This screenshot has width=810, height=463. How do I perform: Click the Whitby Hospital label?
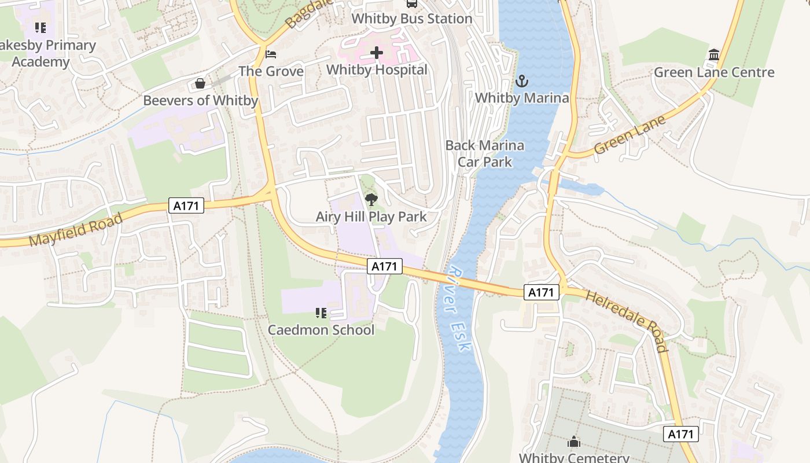click(377, 70)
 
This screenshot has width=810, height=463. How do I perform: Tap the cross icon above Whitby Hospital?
click(377, 53)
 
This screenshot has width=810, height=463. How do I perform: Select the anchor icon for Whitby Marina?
click(522, 81)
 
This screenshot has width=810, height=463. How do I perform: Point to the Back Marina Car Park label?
click(485, 153)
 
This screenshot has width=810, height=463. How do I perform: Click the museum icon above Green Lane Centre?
click(714, 56)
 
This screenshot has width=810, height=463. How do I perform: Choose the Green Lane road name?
click(629, 134)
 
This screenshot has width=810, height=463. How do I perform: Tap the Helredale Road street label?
click(627, 321)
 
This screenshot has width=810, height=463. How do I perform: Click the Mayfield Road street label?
click(76, 229)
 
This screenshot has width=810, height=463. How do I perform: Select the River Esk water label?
click(460, 309)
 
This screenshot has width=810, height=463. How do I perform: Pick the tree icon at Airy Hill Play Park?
click(371, 200)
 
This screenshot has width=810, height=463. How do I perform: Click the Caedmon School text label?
click(321, 330)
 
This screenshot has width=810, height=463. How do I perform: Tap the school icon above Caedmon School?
click(321, 313)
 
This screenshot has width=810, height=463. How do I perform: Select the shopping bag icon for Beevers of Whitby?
click(200, 84)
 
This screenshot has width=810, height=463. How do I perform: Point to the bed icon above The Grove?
click(271, 54)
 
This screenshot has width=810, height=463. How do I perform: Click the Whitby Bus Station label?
click(412, 19)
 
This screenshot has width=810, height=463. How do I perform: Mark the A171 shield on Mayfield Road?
click(186, 205)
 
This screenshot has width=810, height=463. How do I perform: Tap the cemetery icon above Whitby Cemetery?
click(574, 442)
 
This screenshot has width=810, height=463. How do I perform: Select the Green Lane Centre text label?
click(714, 72)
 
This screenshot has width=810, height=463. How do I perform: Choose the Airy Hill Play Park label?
click(371, 217)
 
